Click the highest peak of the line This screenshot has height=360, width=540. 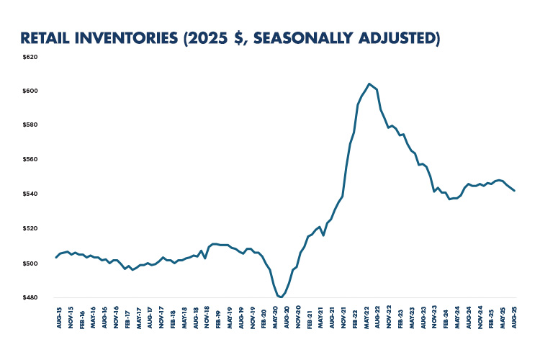369,84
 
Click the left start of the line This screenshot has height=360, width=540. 56,257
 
